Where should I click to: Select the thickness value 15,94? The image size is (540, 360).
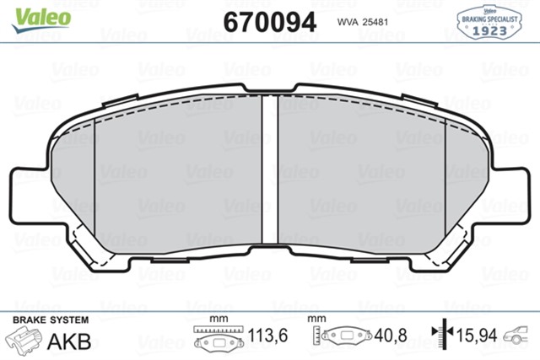pos(478,336)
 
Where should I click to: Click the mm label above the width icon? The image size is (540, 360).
pos(219,320)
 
